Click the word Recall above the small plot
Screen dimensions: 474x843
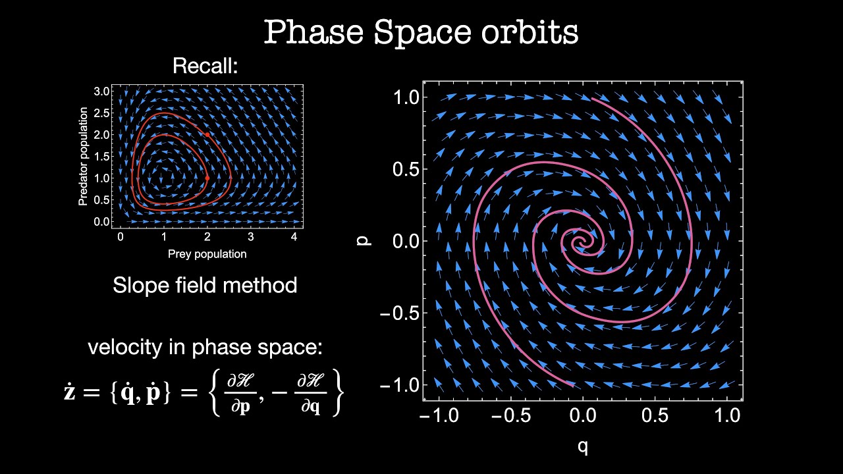tap(204, 66)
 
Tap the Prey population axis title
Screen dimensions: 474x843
tap(207, 253)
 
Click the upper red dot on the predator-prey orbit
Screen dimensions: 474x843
tap(207, 134)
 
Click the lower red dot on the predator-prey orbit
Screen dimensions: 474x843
tap(207, 178)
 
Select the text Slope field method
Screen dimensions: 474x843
tap(205, 285)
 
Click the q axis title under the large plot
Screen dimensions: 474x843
tap(583, 447)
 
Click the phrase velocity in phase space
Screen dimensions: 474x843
tap(205, 348)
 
